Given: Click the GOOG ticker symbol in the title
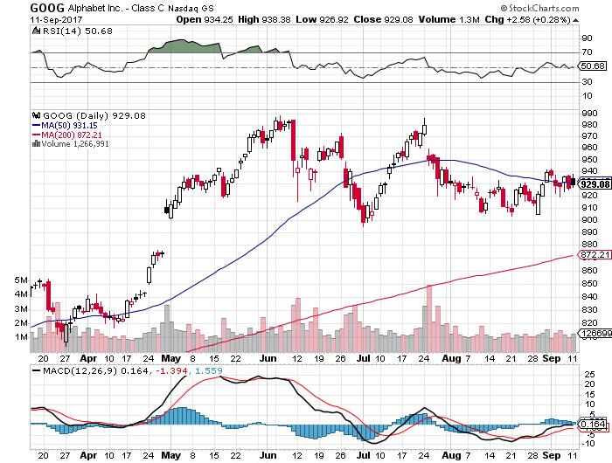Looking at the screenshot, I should pyautogui.click(x=23, y=7).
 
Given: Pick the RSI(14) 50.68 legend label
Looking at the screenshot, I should pyautogui.click(x=66, y=31).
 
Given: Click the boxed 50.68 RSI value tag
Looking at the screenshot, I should pyautogui.click(x=593, y=66).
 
